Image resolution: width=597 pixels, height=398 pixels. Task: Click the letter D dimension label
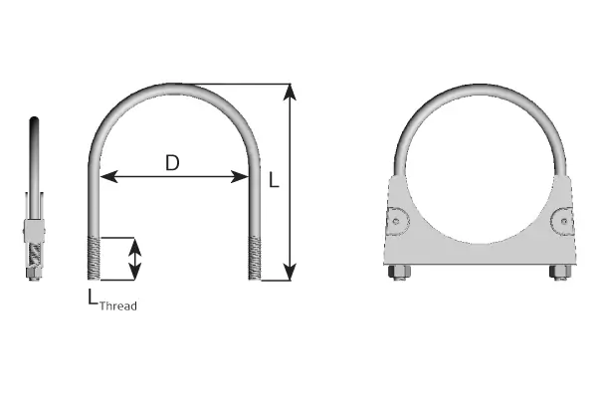172,162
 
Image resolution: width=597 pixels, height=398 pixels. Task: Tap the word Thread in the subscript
118,306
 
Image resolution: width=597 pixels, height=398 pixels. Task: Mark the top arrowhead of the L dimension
290,92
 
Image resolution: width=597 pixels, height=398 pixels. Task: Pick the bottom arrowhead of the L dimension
290,271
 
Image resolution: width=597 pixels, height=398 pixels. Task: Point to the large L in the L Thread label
92,296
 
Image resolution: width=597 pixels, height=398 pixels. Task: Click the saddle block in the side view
34,244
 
